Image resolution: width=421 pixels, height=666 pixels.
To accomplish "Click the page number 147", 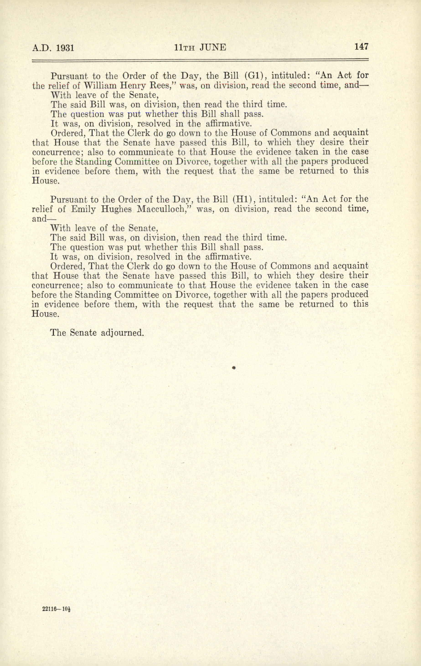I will coord(361,47).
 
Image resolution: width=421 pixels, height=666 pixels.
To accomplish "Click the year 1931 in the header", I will coord(65,48).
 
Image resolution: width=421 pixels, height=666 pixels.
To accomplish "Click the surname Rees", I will coord(163,86).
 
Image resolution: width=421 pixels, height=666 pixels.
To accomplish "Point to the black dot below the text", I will coord(233,368).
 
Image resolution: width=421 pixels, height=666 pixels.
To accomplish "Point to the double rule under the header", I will coord(200,60).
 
